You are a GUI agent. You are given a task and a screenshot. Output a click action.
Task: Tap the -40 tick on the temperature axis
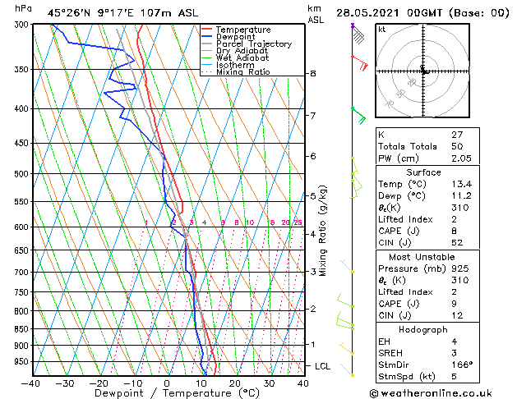click(31, 383)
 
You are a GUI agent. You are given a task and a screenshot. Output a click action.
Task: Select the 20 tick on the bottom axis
click(234, 383)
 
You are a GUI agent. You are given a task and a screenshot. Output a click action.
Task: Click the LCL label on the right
click(323, 365)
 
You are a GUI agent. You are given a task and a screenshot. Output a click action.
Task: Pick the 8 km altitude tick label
click(313, 74)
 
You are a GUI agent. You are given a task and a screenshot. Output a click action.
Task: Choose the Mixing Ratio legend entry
click(243, 72)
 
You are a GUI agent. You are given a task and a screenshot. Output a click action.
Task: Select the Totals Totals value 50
click(458, 145)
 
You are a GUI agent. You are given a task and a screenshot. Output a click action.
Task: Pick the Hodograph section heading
click(423, 328)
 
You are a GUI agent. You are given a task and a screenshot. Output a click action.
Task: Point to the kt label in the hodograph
click(382, 29)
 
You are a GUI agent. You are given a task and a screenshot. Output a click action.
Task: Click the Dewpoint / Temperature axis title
click(167, 394)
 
